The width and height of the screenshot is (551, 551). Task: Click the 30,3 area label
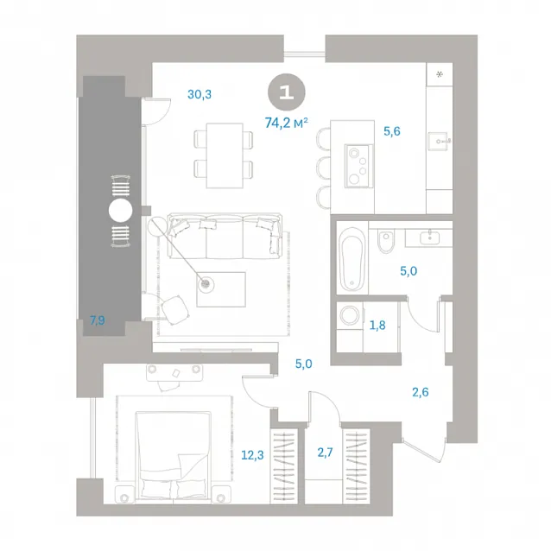tap(199, 94)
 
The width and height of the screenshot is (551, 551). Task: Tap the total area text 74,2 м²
tap(287, 123)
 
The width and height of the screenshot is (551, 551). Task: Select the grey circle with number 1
tap(287, 92)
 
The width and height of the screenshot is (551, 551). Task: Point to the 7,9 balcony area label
tap(98, 320)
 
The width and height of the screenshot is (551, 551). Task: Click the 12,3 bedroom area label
tap(252, 455)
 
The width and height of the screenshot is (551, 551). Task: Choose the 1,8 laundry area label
tap(377, 326)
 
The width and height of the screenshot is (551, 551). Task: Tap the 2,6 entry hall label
tap(421, 392)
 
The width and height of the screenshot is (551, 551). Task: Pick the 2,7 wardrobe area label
tap(325, 453)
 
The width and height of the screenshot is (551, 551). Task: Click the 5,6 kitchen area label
tap(392, 131)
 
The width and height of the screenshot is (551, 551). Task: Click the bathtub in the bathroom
tap(351, 258)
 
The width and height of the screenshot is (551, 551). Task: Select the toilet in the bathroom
tap(386, 240)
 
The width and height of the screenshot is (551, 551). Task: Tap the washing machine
tap(350, 315)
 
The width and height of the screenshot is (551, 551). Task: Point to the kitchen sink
tap(438, 142)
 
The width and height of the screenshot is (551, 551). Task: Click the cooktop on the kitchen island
tap(358, 166)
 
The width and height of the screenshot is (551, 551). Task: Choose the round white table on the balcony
tap(121, 211)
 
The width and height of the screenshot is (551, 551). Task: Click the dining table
tap(225, 155)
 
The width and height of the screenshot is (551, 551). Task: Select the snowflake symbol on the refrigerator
tap(440, 74)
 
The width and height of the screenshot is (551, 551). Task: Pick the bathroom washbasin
tap(429, 237)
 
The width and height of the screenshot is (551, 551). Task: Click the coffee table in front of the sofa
tap(221, 289)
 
